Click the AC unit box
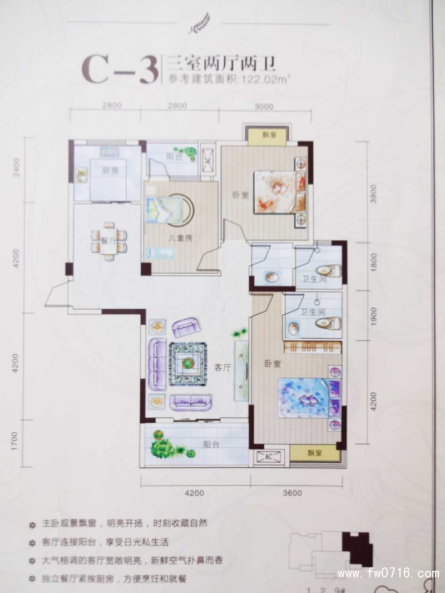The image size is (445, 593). pyautogui.click(x=269, y=457)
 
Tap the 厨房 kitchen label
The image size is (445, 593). pyautogui.click(x=110, y=171)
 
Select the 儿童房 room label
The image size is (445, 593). pyautogui.click(x=181, y=238)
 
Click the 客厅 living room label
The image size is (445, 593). pyautogui.click(x=222, y=367)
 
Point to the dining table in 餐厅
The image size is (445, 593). pyautogui.click(x=109, y=241)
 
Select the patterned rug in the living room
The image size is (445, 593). pyautogui.click(x=187, y=364)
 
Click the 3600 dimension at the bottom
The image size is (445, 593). pyautogui.click(x=292, y=493)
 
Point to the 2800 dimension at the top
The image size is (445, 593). pyautogui.click(x=112, y=106)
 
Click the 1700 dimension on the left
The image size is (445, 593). pyautogui.click(x=15, y=441)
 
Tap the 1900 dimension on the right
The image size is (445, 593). pyautogui.click(x=374, y=315)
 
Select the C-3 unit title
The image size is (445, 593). pyautogui.click(x=120, y=68)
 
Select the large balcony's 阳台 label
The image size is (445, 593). pyautogui.click(x=211, y=444)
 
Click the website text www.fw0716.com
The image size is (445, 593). pyautogui.click(x=388, y=573)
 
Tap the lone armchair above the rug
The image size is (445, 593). pyautogui.click(x=186, y=327)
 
